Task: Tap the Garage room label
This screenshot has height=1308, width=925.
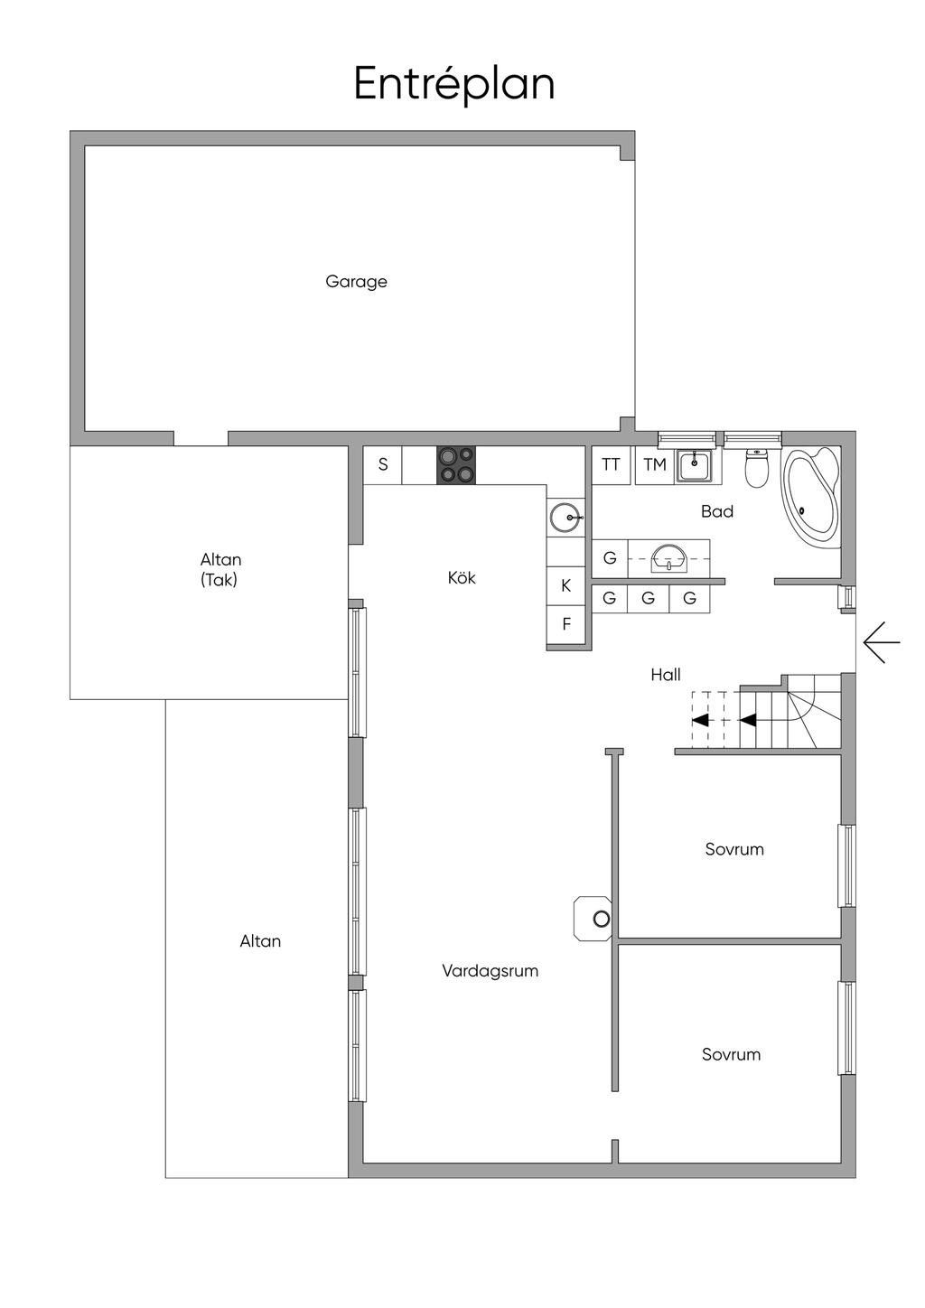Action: tap(356, 282)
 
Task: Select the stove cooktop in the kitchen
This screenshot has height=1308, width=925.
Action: tap(456, 465)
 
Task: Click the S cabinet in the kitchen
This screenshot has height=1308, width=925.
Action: tap(382, 465)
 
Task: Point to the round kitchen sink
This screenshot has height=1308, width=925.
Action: tap(565, 518)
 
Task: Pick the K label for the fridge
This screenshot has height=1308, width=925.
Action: tap(565, 585)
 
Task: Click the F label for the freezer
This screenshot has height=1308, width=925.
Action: tap(565, 624)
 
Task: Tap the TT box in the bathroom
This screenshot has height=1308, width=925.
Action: tap(611, 465)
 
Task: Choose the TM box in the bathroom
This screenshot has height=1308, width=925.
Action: tap(655, 465)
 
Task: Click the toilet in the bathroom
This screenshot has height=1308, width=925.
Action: tap(757, 468)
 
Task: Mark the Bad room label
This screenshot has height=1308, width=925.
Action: tap(717, 511)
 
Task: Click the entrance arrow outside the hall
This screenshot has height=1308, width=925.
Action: tap(882, 642)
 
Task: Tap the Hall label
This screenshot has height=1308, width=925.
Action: tap(666, 675)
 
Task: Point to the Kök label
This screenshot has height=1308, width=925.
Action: tap(462, 578)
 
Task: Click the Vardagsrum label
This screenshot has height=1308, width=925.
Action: tap(490, 971)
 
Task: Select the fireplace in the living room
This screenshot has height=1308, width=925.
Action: tap(593, 919)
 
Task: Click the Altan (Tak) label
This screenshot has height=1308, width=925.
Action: tap(220, 570)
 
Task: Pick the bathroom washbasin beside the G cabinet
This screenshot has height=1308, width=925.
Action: tap(668, 557)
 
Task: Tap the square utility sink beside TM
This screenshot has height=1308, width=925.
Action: tap(695, 465)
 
